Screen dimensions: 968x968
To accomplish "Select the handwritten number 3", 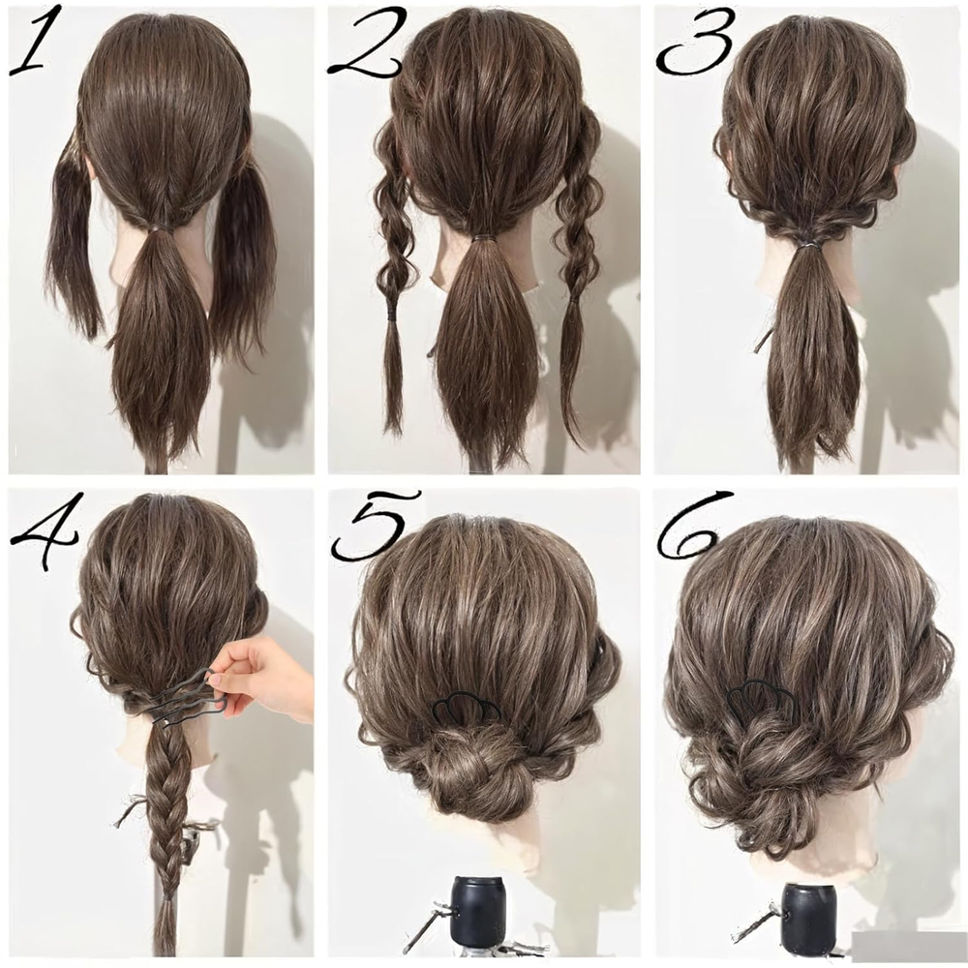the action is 694,41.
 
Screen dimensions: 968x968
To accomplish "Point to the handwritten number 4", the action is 45,530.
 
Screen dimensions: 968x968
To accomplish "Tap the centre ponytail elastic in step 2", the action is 485,238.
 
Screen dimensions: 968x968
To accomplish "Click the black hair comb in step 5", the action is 466,709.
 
